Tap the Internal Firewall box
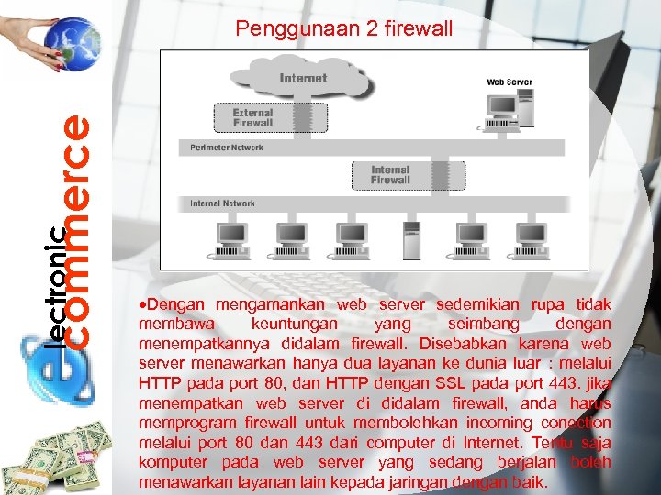[x=389, y=175]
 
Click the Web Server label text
[x=509, y=82]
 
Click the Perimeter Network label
[x=227, y=148]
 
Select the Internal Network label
[x=223, y=203]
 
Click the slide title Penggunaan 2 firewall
[x=343, y=29]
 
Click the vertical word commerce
[x=80, y=229]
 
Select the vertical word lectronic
[x=57, y=288]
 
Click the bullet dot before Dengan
[x=140, y=304]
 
